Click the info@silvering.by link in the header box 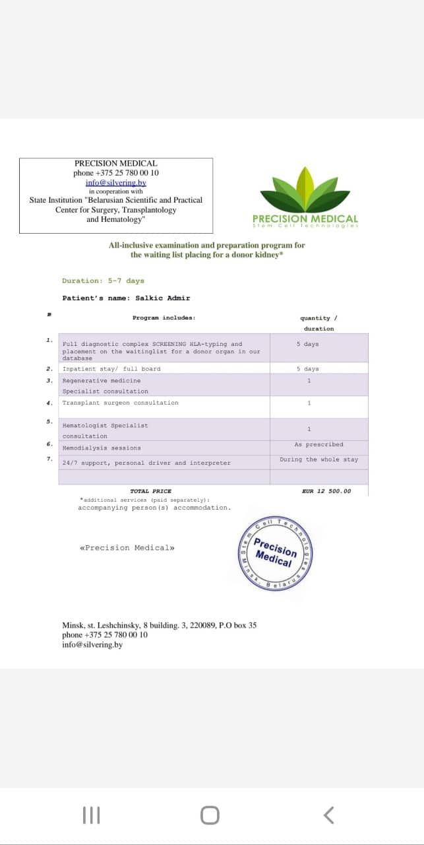[x=115, y=183]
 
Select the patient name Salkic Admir [x=162, y=298]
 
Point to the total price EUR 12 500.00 [x=326, y=491]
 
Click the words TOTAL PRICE [x=150, y=491]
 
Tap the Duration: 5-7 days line [x=103, y=281]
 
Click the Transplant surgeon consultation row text [x=120, y=403]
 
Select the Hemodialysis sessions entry [x=102, y=448]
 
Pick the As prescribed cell [x=318, y=444]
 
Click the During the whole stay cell [x=318, y=459]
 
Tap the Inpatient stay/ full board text [x=111, y=369]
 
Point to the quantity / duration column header [x=318, y=323]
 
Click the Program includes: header [x=164, y=318]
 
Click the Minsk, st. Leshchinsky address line [x=159, y=625]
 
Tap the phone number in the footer [x=105, y=635]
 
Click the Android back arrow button [x=328, y=816]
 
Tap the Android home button [x=210, y=816]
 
